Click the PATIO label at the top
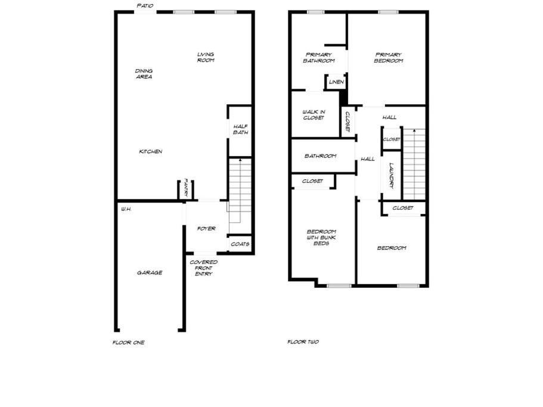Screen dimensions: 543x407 (x=145, y=6)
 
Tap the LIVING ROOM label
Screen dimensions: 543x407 (x=206, y=57)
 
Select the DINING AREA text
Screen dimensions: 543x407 (x=144, y=74)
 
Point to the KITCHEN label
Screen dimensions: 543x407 (x=151, y=151)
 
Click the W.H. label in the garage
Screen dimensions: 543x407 (x=126, y=209)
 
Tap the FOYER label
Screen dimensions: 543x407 (x=206, y=228)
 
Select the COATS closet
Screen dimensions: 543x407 (x=240, y=244)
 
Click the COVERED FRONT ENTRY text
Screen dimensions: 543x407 (x=204, y=268)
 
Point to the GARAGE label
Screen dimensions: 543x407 (x=150, y=273)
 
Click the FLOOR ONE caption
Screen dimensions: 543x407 (x=129, y=342)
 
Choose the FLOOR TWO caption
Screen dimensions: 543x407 (x=303, y=341)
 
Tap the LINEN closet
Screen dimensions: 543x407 (x=336, y=82)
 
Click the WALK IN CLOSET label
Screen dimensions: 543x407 (x=314, y=115)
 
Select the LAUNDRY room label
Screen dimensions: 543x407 (x=392, y=176)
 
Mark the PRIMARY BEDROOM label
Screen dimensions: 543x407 (x=389, y=57)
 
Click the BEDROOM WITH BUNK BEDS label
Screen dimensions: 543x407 (x=321, y=237)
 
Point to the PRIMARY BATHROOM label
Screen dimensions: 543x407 (x=319, y=57)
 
